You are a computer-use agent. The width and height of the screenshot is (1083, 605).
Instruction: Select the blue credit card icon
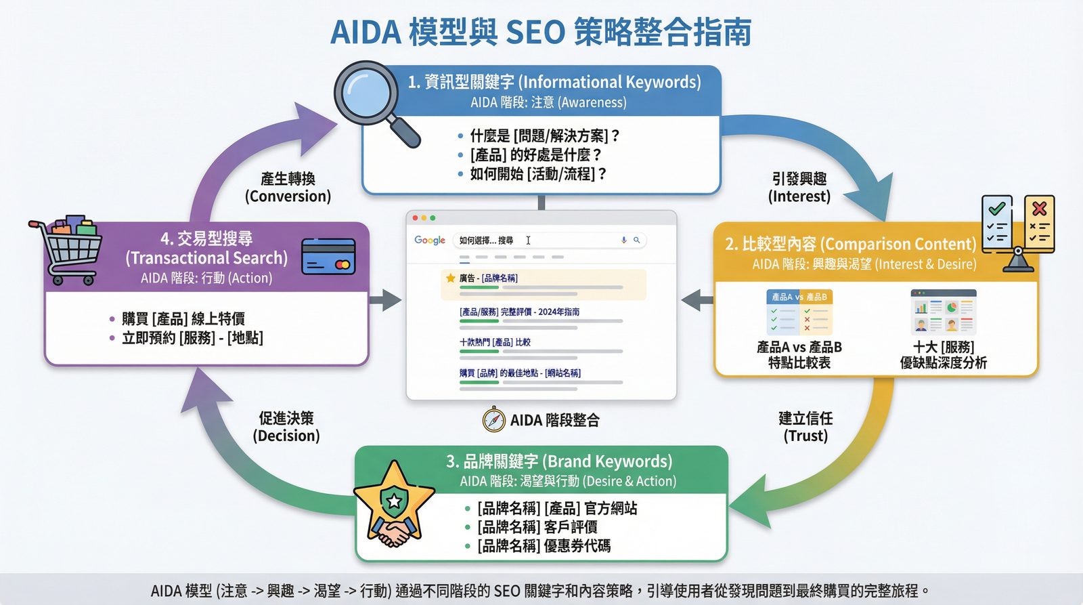328,256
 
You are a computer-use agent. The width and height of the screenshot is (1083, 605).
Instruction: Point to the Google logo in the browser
430,241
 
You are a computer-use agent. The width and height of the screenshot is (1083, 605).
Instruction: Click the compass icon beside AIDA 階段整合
494,420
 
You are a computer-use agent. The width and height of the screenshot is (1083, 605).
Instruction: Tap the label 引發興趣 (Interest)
799,188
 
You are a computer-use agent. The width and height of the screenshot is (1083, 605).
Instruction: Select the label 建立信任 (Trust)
805,427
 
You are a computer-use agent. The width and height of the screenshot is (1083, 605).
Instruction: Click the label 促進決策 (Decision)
286,427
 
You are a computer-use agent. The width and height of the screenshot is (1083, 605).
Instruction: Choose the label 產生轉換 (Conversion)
288,188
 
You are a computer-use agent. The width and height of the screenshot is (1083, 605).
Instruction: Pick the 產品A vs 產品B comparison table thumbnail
799,312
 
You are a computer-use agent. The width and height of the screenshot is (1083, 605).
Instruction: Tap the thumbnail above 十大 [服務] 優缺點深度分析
943,312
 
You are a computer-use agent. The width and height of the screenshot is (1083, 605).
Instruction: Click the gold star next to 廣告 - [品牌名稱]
450,278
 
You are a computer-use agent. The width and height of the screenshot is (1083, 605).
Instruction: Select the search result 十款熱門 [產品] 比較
495,342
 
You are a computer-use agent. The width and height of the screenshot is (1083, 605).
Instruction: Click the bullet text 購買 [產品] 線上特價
183,318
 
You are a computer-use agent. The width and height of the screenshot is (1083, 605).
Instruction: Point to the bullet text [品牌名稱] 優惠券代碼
544,546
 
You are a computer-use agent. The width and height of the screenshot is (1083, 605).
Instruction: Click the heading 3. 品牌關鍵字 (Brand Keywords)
559,461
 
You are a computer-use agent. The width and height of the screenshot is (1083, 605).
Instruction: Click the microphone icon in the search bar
623,240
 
